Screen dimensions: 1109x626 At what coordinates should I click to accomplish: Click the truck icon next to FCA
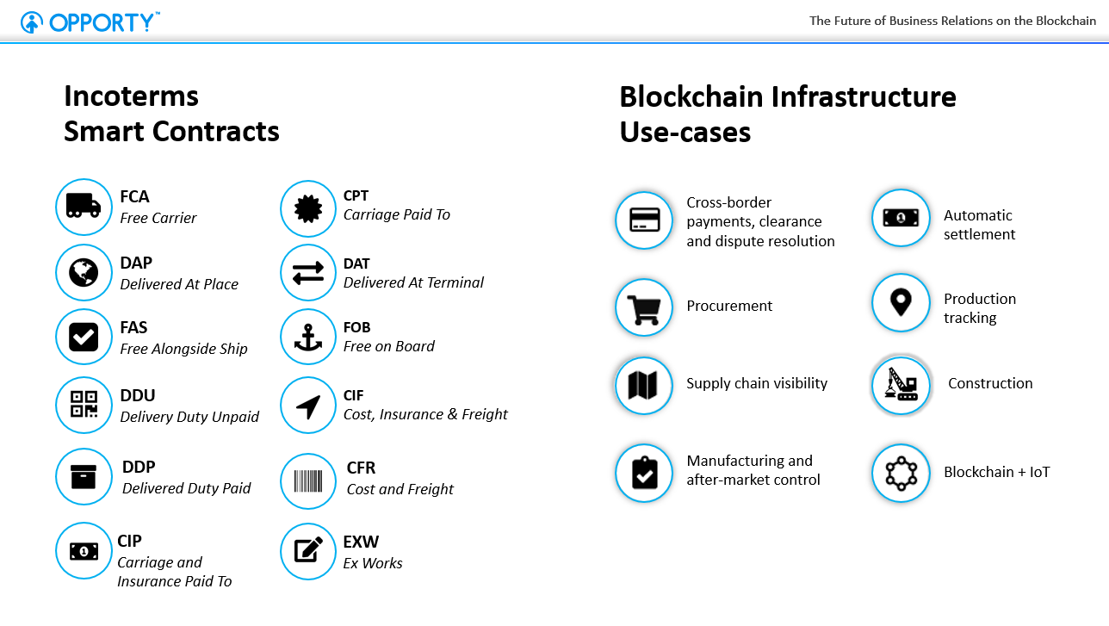pyautogui.click(x=84, y=206)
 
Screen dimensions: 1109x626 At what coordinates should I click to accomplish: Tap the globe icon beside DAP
pyautogui.click(x=84, y=272)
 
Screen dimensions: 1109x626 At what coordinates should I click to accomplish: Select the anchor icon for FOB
pyautogui.click(x=308, y=338)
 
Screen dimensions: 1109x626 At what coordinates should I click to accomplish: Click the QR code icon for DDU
pyautogui.click(x=84, y=404)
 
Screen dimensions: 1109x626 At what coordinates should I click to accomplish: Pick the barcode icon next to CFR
pyautogui.click(x=308, y=480)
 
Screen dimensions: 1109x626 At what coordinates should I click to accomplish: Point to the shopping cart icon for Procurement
pyautogui.click(x=644, y=310)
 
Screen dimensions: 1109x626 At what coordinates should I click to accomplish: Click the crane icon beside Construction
pyautogui.click(x=901, y=384)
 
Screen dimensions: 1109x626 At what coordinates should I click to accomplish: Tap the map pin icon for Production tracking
pyautogui.click(x=901, y=302)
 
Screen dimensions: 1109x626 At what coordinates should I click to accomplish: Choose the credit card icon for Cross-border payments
pyautogui.click(x=644, y=220)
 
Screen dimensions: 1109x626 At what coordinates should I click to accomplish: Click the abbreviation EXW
pyautogui.click(x=361, y=542)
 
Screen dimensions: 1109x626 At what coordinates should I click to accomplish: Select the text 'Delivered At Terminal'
pyautogui.click(x=413, y=282)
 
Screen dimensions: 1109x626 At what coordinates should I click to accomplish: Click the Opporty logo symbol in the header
pyautogui.click(x=32, y=22)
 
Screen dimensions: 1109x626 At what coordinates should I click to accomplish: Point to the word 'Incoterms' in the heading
pyautogui.click(x=131, y=96)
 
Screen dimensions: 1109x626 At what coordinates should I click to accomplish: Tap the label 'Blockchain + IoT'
pyautogui.click(x=996, y=472)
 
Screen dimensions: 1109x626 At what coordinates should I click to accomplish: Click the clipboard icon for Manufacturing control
pyautogui.click(x=645, y=473)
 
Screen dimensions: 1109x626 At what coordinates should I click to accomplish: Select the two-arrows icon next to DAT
pyautogui.click(x=308, y=273)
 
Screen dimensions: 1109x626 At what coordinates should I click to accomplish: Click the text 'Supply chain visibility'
pyautogui.click(x=757, y=383)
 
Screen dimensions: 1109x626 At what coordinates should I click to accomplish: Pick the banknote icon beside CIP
pyautogui.click(x=84, y=551)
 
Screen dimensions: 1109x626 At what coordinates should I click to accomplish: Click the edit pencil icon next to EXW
pyautogui.click(x=308, y=549)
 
